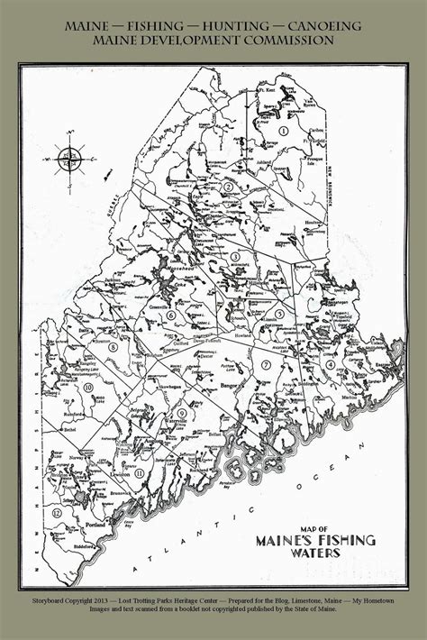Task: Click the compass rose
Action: (x=68, y=160)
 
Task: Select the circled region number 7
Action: (x=267, y=364)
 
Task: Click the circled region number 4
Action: (x=331, y=364)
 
